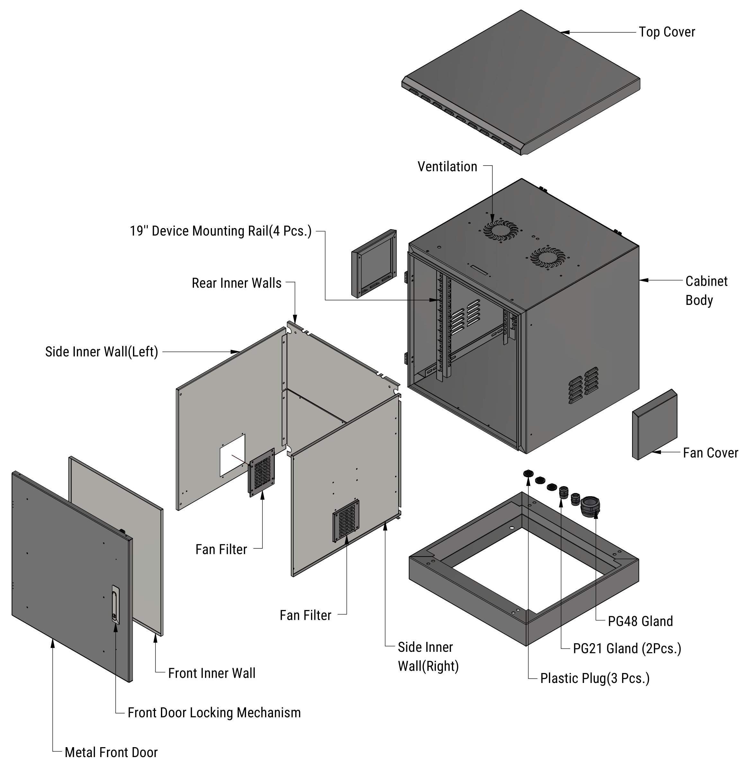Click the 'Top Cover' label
tap(667, 32)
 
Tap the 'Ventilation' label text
tap(447, 167)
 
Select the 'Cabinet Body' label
tap(706, 290)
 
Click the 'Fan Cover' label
tap(710, 453)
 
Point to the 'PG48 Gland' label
tap(640, 621)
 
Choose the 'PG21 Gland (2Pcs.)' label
tap(627, 648)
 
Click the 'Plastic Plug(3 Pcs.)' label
tap(595, 678)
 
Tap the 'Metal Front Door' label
tap(111, 752)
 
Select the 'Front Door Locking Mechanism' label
tap(214, 712)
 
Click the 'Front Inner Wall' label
tap(212, 673)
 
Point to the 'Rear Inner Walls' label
tap(236, 283)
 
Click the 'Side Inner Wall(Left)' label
tap(101, 352)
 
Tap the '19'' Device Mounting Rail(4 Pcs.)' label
tap(221, 231)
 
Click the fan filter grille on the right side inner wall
tap(346, 521)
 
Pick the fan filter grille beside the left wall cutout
tap(261, 472)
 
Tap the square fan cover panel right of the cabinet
tap(654, 425)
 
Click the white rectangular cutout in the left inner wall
tap(232, 455)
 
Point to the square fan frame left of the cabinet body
tap(374, 263)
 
